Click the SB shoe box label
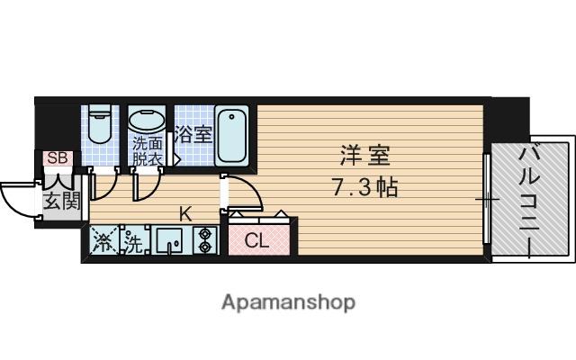tap(58, 158)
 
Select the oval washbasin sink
tap(147, 119)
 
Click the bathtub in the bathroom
tap(231, 136)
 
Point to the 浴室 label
tap(193, 134)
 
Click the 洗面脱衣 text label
tap(148, 151)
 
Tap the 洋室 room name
tap(364, 156)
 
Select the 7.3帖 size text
tap(365, 187)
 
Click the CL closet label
tap(256, 241)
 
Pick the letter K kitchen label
tap(185, 214)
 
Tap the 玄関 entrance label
tap(62, 202)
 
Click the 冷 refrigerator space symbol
tap(104, 240)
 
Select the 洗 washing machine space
tap(134, 240)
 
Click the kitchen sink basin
tap(169, 240)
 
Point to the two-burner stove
tap(204, 240)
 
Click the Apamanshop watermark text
tap(288, 302)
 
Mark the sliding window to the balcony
tap(487, 199)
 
